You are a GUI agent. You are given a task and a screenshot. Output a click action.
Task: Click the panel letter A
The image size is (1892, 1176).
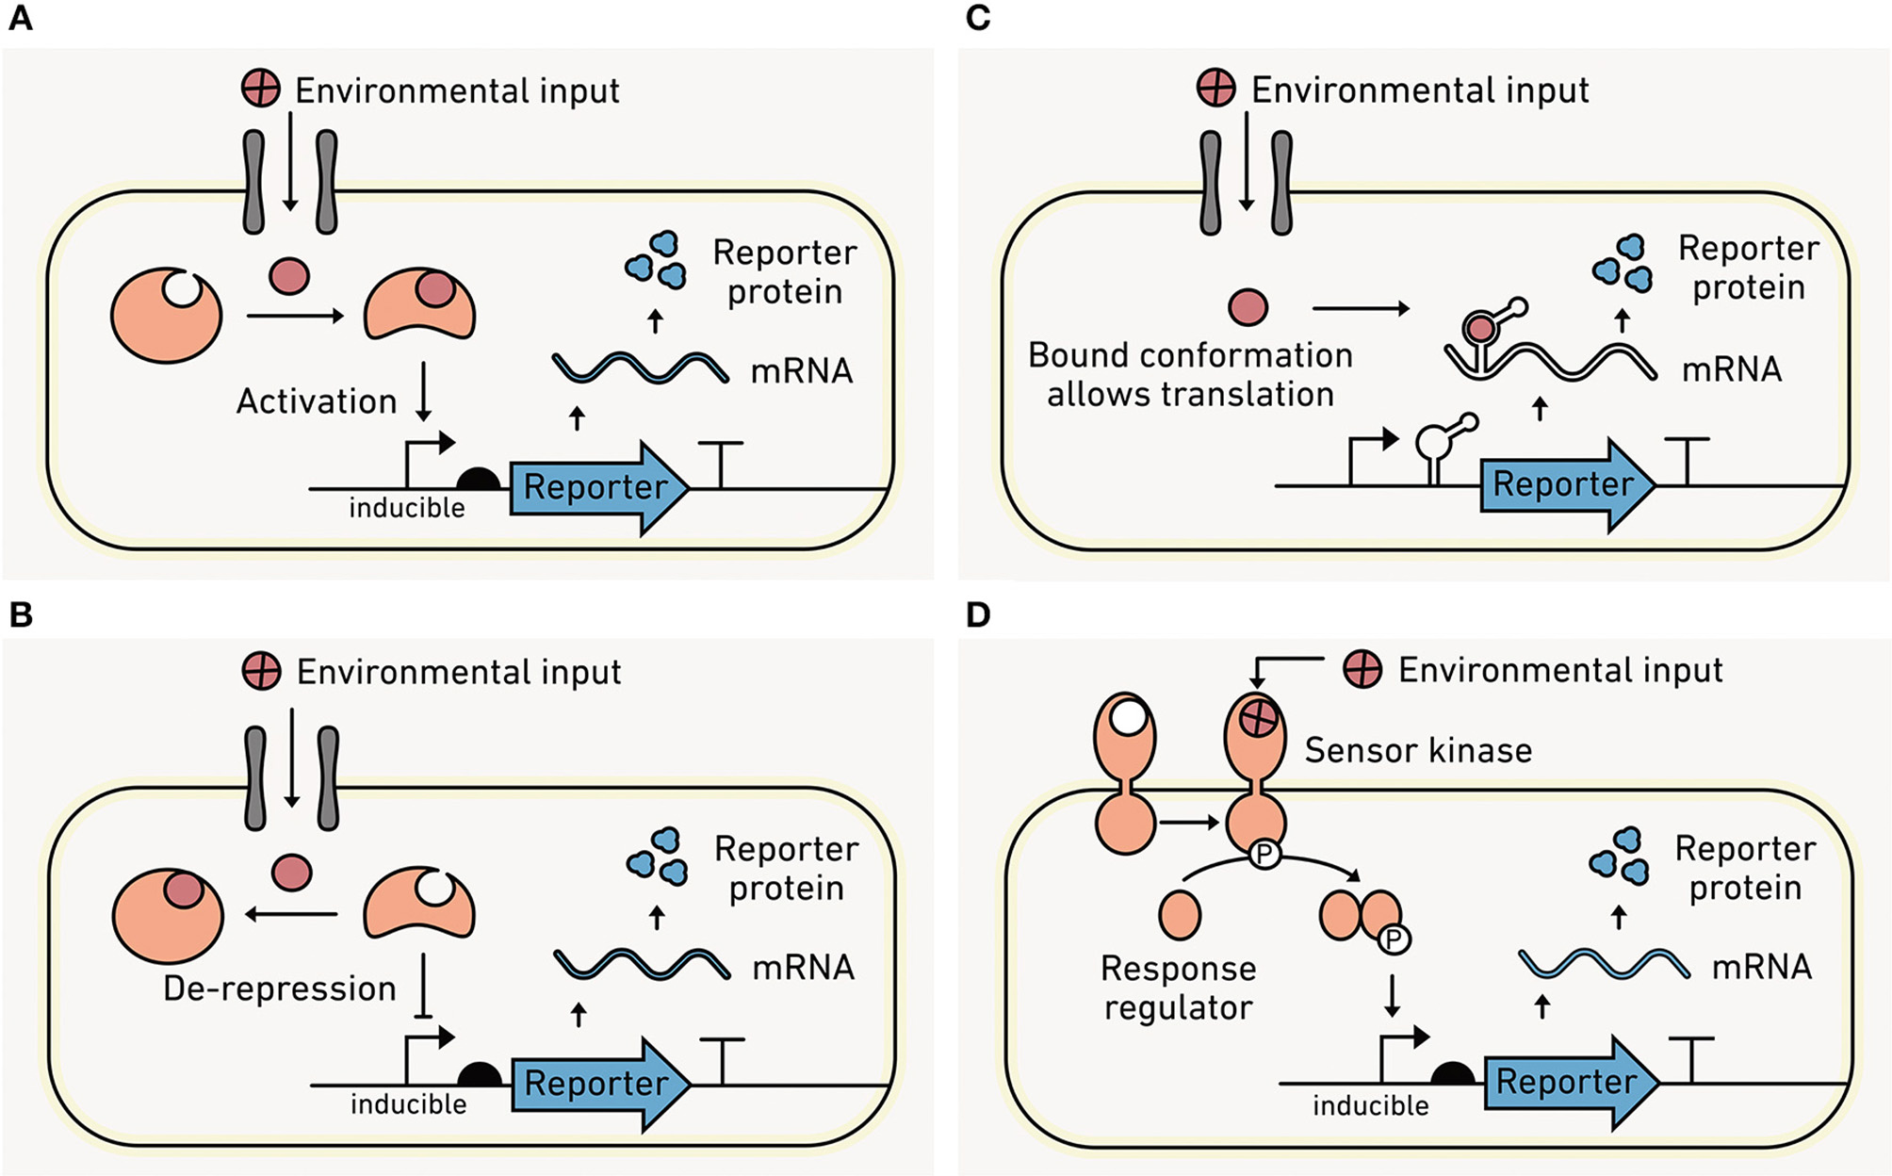pyautogui.click(x=20, y=18)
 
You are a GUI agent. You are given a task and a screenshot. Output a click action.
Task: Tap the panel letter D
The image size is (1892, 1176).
pyautogui.click(x=978, y=614)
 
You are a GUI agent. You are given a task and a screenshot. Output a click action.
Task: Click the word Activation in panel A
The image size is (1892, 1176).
pyautogui.click(x=317, y=401)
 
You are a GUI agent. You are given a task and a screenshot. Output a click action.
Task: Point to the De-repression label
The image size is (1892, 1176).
pyautogui.click(x=280, y=988)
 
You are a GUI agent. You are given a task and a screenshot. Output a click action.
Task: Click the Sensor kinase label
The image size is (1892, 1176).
pyautogui.click(x=1418, y=750)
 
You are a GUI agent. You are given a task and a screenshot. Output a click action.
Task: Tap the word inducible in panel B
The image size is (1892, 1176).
pyautogui.click(x=408, y=1104)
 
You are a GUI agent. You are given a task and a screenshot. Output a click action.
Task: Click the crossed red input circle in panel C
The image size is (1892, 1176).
pyautogui.click(x=1215, y=89)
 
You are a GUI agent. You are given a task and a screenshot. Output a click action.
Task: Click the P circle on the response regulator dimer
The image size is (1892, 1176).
pyautogui.click(x=1394, y=939)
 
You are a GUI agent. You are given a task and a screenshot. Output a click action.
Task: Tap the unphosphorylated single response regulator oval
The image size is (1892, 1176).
pyautogui.click(x=1180, y=914)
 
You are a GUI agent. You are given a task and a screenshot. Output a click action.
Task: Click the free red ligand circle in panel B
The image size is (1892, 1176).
pyautogui.click(x=291, y=873)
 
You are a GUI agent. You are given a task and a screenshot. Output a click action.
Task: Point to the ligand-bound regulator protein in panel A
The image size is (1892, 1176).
pyautogui.click(x=420, y=304)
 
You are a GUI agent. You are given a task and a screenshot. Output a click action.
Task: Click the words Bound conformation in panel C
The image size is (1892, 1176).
pyautogui.click(x=1190, y=355)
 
